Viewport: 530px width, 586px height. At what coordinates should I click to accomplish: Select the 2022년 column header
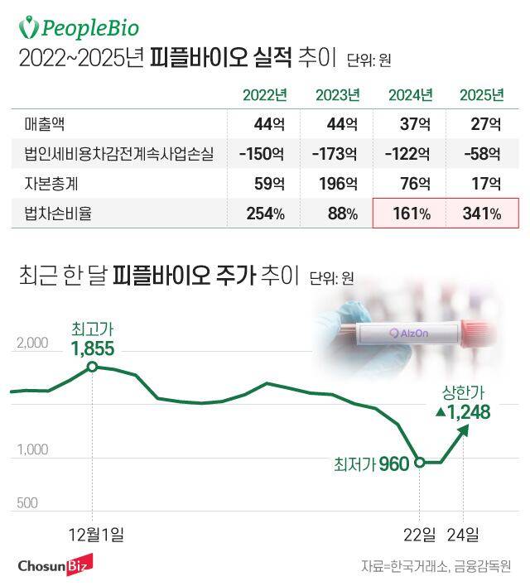click(x=265, y=94)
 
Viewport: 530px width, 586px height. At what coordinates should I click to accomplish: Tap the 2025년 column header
click(x=481, y=94)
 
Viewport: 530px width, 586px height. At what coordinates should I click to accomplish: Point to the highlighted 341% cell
click(x=482, y=214)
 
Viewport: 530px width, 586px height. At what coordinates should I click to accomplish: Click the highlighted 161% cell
click(x=411, y=214)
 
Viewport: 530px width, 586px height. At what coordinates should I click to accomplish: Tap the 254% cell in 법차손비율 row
click(x=265, y=214)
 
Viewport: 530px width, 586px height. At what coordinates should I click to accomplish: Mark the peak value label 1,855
click(x=93, y=347)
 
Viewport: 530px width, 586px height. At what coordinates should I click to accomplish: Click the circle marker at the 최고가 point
click(x=92, y=366)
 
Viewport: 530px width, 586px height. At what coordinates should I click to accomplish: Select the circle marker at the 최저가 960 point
click(x=420, y=462)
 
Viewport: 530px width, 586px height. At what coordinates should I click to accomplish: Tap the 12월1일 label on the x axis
click(x=99, y=533)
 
